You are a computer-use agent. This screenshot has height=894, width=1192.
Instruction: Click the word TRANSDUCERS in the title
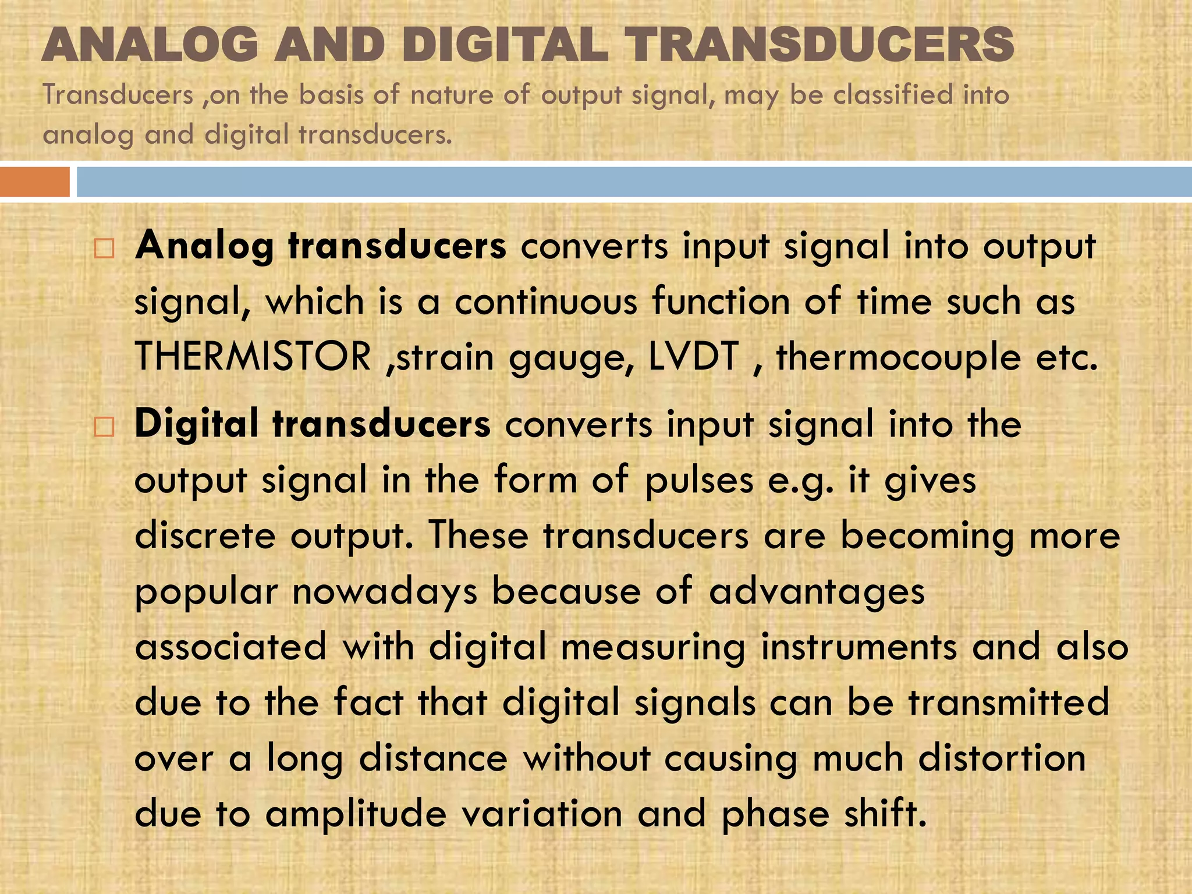pos(819,45)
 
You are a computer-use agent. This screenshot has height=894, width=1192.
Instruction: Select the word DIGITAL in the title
pos(505,45)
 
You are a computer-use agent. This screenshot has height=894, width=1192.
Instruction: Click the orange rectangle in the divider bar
pos(35,182)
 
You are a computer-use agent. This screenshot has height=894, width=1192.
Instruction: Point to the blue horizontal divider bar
pos(634,182)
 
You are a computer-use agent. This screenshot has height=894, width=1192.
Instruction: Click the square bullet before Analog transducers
pos(104,249)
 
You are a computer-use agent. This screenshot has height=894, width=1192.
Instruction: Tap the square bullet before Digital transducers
pos(104,427)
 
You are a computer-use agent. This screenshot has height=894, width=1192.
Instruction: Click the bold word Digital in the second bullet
pos(196,424)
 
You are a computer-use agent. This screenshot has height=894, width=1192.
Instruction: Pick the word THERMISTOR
pos(253,356)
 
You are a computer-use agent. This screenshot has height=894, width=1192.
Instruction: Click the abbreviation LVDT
pos(693,356)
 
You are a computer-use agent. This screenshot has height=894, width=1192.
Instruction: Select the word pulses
pos(700,481)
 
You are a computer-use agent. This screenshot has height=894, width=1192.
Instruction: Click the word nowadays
pos(385,593)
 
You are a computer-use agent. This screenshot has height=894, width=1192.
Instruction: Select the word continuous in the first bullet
pos(546,302)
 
